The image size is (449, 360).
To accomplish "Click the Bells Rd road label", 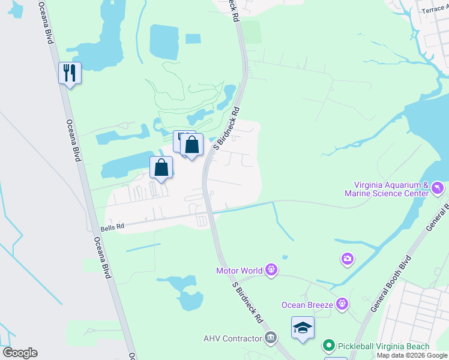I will (112, 226).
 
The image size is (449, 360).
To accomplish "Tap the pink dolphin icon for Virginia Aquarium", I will (438, 189).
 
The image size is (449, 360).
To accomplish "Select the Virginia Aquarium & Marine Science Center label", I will (387, 189).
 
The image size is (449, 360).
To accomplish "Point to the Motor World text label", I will (240, 271).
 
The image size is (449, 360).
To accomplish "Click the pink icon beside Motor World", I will (272, 271).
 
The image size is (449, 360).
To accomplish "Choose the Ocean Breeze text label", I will (307, 305).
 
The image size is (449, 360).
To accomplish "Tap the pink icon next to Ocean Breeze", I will (342, 304).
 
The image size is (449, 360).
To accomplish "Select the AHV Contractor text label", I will (232, 338).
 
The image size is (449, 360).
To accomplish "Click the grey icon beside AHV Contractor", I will (271, 338).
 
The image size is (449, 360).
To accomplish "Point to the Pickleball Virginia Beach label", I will (384, 346).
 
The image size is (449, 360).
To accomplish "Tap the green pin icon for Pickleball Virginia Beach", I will (328, 346).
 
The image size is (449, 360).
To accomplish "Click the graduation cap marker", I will (303, 328).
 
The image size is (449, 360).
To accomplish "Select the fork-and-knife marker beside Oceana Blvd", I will (70, 73).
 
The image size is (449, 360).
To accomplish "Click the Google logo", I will (20, 353).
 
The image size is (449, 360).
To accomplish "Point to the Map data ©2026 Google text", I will (412, 355).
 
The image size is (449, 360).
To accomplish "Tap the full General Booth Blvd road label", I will (390, 284).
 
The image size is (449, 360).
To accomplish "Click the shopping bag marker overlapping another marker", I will (191, 145).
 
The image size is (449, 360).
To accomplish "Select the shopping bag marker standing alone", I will (161, 168).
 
